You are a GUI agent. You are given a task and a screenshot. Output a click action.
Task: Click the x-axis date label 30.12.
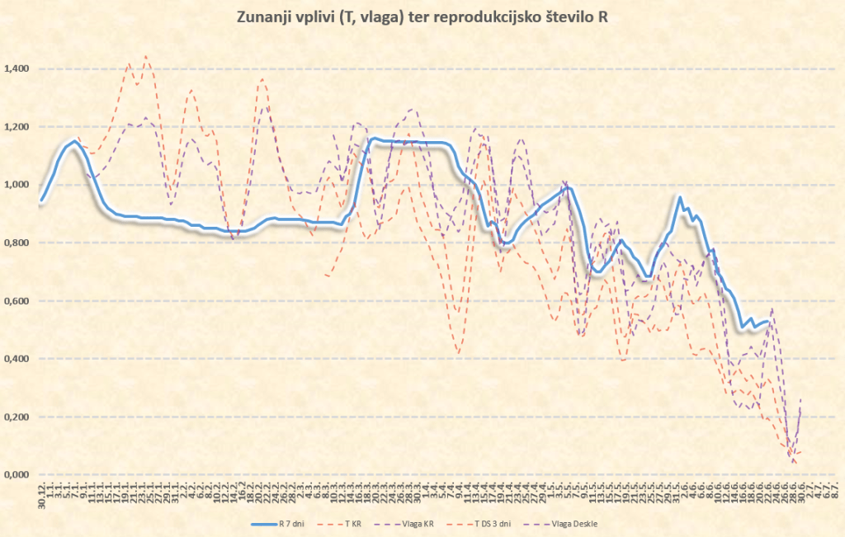click(41, 496)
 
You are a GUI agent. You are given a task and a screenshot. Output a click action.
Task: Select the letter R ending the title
click(603, 17)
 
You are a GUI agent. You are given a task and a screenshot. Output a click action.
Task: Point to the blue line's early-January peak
click(74, 141)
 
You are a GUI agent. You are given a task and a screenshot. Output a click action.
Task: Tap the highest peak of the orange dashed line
click(145, 56)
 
